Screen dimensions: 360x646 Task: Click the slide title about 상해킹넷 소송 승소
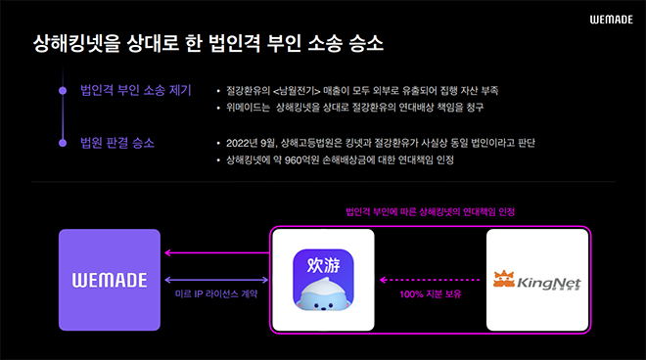click(x=208, y=44)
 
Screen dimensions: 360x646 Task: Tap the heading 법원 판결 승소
click(x=116, y=144)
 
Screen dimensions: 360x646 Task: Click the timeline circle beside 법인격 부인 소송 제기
click(x=63, y=91)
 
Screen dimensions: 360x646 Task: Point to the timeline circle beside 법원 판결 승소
click(x=63, y=144)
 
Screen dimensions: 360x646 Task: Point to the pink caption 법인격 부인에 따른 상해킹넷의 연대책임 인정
click(x=430, y=212)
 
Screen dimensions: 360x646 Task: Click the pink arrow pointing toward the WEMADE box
click(x=214, y=254)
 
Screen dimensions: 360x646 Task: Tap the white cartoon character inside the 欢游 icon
click(x=324, y=290)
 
